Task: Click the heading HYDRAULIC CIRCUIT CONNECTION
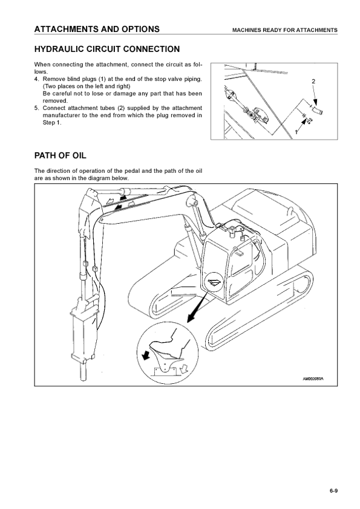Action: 107,49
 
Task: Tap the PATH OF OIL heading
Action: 61,155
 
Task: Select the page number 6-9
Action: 334,491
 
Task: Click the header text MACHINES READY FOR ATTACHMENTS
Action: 284,30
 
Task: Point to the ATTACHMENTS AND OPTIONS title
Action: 97,29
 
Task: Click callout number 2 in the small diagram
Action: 313,81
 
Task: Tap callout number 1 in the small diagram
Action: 296,132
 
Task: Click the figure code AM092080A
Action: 313,378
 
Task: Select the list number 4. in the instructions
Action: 37,79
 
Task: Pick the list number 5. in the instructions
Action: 37,108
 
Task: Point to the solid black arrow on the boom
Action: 122,197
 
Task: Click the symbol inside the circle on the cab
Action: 214,282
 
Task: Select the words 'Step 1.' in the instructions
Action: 51,123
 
